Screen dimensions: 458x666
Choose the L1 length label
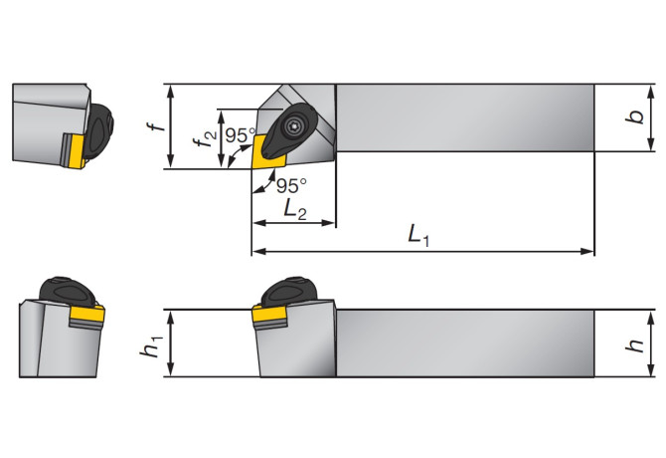click(x=421, y=235)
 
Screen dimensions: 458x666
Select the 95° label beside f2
click(x=240, y=135)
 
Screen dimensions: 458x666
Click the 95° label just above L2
click(x=291, y=185)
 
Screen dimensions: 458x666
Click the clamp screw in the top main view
click(x=295, y=126)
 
